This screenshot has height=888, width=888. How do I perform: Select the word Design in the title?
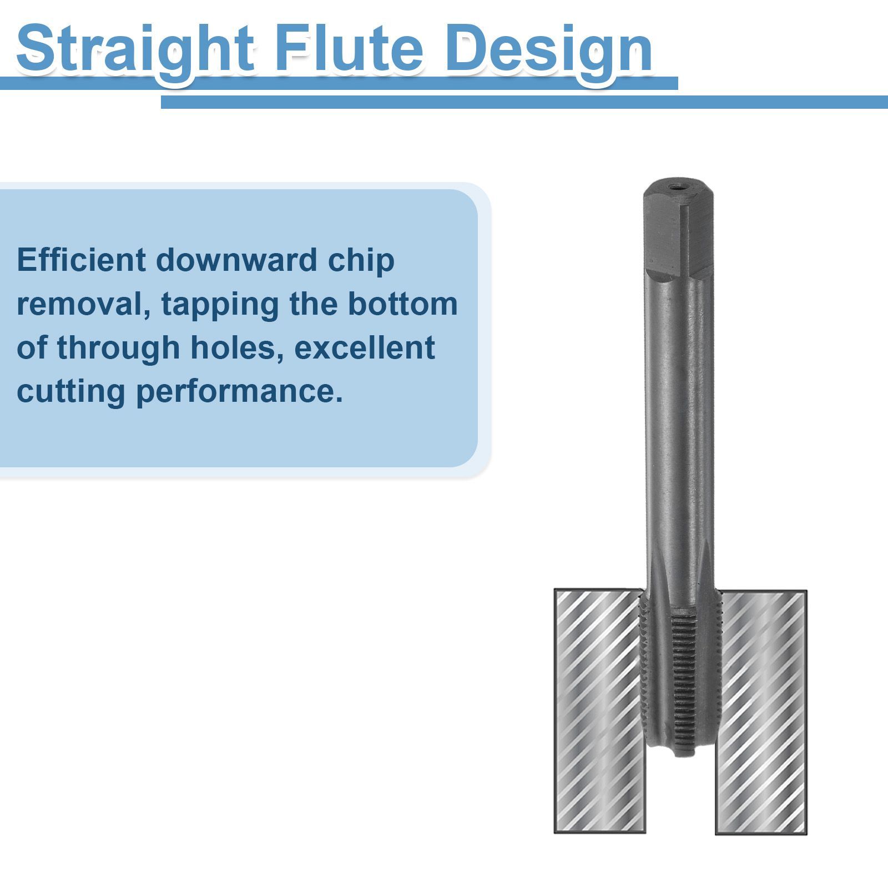point(549,50)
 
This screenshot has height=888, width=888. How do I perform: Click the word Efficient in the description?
point(82,260)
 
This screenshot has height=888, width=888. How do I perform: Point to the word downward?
point(236,260)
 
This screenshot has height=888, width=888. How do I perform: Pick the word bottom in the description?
point(403,304)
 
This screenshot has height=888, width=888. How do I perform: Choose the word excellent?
point(365,347)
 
